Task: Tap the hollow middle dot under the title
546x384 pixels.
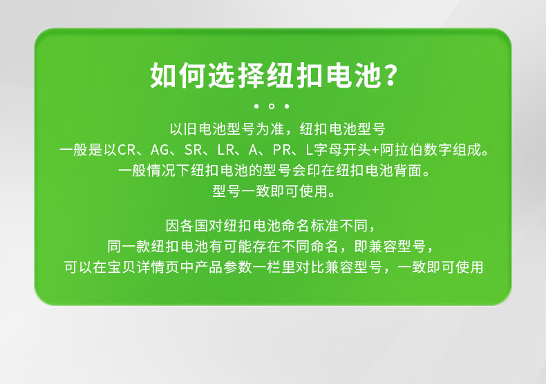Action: point(272,106)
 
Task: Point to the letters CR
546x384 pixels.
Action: point(126,150)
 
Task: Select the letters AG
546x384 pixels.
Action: point(160,150)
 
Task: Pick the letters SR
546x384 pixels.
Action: point(193,150)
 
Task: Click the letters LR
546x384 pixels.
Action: point(225,150)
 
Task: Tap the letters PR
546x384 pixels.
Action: point(281,150)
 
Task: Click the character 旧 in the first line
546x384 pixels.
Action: point(191,129)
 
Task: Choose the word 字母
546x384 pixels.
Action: point(328,150)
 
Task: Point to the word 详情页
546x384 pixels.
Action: point(158,267)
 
